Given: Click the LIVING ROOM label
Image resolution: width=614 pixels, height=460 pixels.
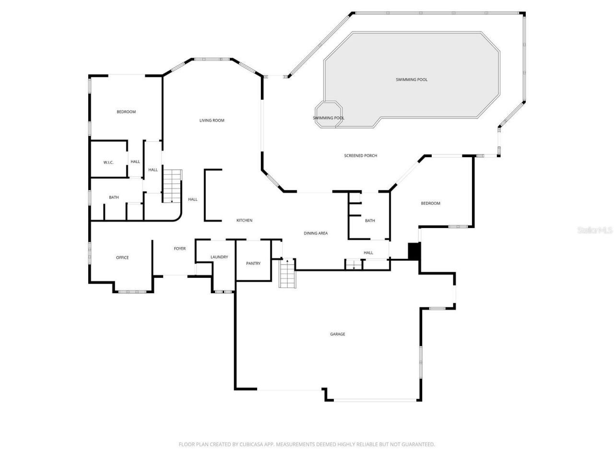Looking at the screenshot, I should point(212,120).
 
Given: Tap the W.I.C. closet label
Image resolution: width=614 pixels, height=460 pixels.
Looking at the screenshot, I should point(108,162).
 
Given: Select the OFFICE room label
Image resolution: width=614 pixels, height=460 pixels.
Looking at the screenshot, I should point(122,258).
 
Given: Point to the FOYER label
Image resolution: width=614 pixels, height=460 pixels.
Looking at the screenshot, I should point(180,249).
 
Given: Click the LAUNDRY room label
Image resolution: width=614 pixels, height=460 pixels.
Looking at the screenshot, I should point(219,257).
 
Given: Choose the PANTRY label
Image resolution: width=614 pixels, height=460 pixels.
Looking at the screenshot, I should point(253,264).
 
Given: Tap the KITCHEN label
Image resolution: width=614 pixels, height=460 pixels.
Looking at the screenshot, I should point(244,220).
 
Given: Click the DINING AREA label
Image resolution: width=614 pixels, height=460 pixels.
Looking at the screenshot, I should point(316,233).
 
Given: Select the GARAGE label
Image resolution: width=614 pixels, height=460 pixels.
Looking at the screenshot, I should point(337,334).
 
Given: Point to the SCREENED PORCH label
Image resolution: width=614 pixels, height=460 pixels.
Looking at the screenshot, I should point(361,156).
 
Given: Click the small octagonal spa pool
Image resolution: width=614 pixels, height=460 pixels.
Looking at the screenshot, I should point(329,114).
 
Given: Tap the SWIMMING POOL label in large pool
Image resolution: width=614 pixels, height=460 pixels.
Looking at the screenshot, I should point(412,80).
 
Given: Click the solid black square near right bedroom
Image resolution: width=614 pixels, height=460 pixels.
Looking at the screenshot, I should point(414,251).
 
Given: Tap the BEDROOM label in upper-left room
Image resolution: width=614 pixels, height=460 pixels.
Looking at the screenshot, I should point(126,112).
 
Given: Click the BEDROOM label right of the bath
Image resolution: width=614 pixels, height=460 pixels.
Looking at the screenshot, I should point(430,204).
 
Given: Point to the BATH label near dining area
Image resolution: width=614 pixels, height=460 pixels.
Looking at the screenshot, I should point(370,221).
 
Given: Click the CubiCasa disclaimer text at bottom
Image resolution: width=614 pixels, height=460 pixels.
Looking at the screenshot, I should point(307,444).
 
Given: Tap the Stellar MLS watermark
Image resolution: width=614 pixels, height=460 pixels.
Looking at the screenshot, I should point(594,230).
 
